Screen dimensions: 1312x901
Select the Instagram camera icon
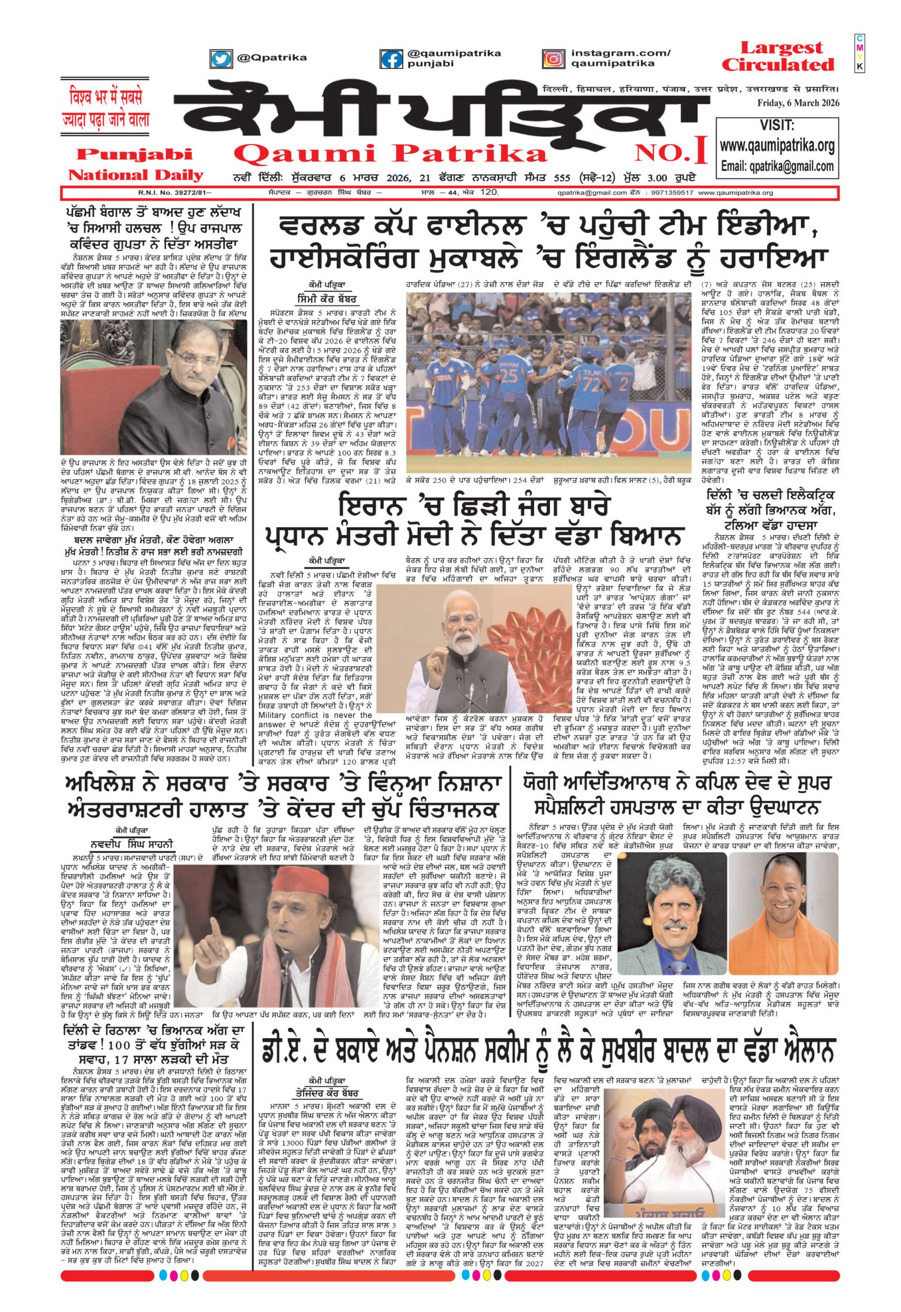click(x=554, y=59)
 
